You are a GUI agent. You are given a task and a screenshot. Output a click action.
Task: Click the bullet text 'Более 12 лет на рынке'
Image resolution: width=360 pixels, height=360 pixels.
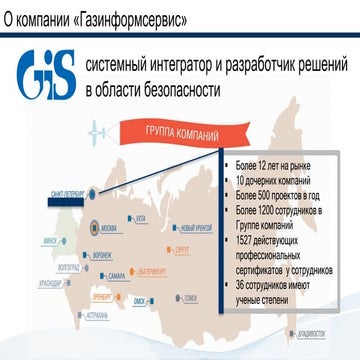pos(269,163)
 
